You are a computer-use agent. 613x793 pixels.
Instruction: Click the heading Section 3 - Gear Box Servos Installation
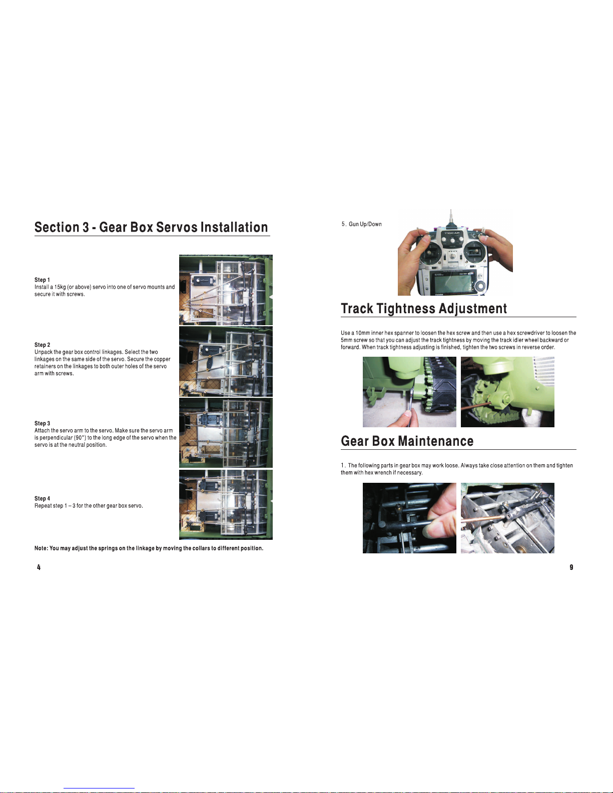point(152,227)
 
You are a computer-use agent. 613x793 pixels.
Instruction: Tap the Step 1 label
point(42,280)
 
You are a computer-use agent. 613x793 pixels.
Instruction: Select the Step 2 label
point(42,345)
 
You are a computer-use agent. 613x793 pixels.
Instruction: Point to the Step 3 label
point(42,423)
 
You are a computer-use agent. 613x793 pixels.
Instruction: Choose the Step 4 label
point(42,498)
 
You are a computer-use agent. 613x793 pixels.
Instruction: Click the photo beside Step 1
point(226,290)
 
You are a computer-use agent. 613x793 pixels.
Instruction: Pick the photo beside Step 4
point(226,505)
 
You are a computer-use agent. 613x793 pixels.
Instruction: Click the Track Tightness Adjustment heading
point(424,308)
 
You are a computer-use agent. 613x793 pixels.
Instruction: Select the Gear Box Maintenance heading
point(407,441)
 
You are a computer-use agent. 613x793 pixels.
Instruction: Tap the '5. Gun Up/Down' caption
point(362,224)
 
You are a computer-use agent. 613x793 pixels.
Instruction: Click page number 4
point(39,567)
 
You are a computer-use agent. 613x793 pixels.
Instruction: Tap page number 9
point(571,567)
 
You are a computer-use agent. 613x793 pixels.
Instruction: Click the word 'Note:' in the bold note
point(41,548)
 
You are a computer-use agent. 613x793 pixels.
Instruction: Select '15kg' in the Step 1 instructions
point(60,287)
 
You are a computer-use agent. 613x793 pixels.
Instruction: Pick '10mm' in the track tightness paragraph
point(363,333)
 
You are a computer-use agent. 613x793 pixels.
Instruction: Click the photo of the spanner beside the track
point(409,392)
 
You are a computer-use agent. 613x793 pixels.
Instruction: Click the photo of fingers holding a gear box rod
point(409,518)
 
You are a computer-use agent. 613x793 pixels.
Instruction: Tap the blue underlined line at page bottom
point(99,788)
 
